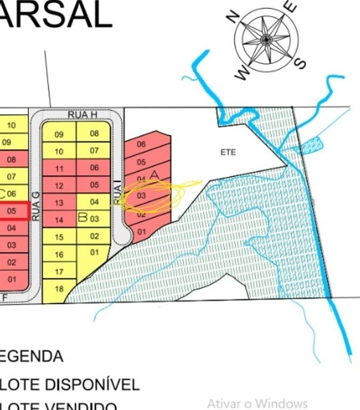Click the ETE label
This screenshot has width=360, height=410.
(x=228, y=152)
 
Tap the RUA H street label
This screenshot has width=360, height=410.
(x=82, y=115)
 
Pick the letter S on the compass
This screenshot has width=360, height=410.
(x=301, y=63)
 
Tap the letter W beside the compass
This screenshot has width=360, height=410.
(x=242, y=73)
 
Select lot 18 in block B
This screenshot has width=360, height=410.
(x=59, y=289)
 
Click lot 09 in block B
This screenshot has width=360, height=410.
(x=59, y=135)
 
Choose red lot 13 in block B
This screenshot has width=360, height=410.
(x=59, y=203)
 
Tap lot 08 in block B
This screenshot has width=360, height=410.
(x=94, y=133)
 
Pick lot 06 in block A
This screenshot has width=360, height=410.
(x=141, y=145)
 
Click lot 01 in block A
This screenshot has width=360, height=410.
(x=141, y=232)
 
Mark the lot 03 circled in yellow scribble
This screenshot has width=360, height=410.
(x=141, y=196)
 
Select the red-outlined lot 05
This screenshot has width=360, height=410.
(x=12, y=211)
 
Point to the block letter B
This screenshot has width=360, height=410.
(x=83, y=217)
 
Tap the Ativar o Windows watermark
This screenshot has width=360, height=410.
(x=257, y=403)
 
